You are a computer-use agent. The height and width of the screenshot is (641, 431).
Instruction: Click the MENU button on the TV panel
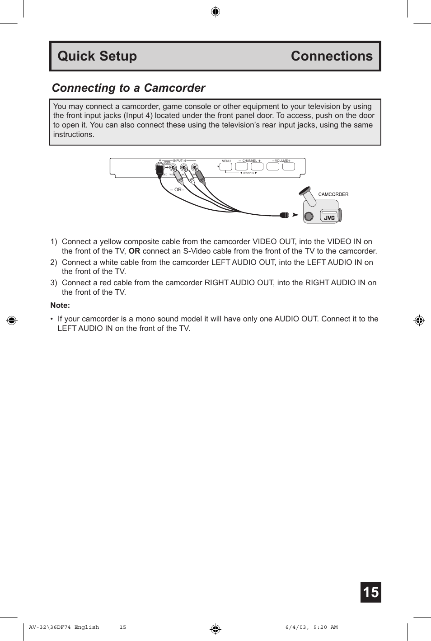pos(225,166)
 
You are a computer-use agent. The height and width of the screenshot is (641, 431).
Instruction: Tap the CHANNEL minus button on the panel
pos(241,166)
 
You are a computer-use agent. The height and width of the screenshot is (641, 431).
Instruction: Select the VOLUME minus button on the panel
pos(272,166)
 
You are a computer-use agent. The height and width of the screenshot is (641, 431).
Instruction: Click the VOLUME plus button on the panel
pos(288,166)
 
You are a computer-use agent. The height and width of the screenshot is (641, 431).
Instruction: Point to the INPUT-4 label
pos(179,160)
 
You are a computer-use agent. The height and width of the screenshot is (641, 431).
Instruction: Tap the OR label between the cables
pos(178,190)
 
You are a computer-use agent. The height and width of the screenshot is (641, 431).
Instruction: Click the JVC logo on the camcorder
pos(329,218)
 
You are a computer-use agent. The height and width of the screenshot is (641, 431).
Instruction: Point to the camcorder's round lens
pos(309,217)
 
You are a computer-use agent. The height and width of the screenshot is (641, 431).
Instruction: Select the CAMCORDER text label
pos(333,194)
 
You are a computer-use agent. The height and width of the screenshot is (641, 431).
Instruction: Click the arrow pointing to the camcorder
pos(294,215)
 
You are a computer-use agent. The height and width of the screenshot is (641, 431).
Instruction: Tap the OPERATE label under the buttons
pos(248,173)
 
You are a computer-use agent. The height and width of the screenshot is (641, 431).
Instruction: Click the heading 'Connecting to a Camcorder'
pos(128,88)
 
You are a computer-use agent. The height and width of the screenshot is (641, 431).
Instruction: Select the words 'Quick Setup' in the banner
pos(97,56)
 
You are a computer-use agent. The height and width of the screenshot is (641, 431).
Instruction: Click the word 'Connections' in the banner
pos(332,56)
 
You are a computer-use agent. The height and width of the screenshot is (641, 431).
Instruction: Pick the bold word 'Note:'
pos(60,305)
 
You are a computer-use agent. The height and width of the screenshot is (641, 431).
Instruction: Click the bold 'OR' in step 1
pos(134,251)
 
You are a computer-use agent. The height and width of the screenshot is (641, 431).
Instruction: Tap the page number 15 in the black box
pos(370,592)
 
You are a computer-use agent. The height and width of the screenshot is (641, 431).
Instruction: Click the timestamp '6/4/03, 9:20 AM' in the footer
pos(311,627)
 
